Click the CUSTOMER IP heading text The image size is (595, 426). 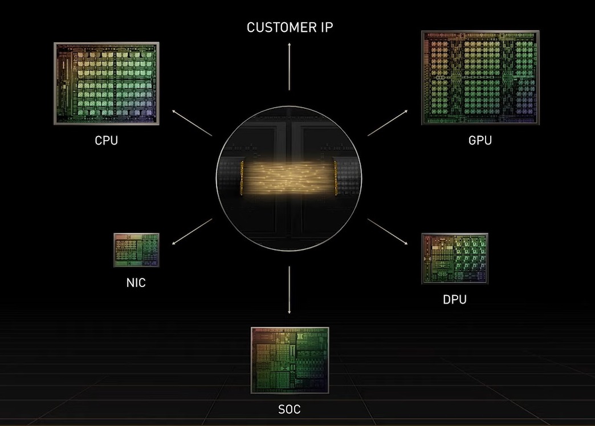coord(289,27)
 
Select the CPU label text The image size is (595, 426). coord(107,140)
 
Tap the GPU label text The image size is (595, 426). coord(480,140)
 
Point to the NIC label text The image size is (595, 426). coord(136,282)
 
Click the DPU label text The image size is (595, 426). coord(454,299)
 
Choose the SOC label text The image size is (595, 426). coord(290,409)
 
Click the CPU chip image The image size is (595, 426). coord(107,83)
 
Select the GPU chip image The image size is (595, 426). coord(480,77)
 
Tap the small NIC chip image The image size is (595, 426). coord(136,250)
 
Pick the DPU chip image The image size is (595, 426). coord(454,258)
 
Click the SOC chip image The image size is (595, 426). coord(290,360)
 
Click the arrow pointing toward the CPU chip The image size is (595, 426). coord(192,123)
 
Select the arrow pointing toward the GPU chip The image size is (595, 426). coord(388,124)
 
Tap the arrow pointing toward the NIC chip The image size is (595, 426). coord(192,232)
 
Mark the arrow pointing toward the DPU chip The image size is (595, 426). coord(388,231)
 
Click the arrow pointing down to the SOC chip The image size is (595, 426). coord(290,289)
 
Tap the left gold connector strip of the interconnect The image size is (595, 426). coord(242,179)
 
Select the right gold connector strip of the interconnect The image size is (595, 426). coord(337,179)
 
